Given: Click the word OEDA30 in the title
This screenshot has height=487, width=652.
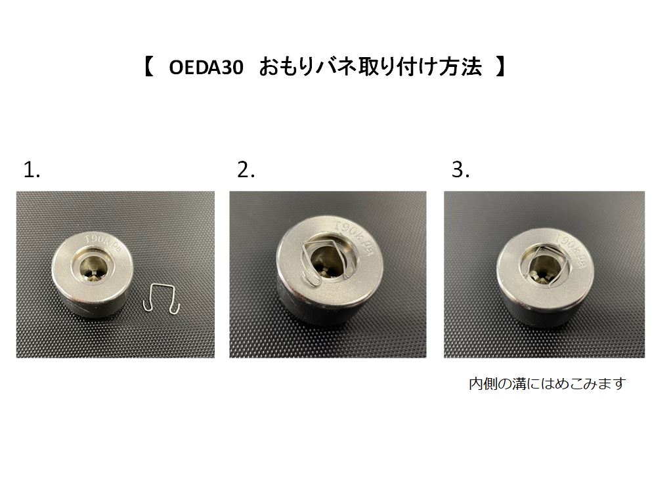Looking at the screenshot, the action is [206, 68].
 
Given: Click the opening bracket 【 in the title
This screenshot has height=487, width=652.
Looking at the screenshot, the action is [149, 67].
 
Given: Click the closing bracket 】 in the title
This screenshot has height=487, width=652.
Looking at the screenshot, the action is [501, 67].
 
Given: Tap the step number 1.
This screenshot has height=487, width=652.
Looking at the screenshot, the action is [32, 170].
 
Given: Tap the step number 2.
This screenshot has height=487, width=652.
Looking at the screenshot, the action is [246, 170].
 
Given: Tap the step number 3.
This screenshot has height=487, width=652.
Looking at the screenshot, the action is [460, 170].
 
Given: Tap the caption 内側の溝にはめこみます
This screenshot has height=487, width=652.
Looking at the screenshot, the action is [547, 383].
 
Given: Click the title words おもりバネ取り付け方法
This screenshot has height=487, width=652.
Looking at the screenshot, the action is [371, 68].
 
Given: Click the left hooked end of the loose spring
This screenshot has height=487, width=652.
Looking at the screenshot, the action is [146, 307].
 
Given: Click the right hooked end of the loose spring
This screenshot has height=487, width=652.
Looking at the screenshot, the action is [177, 307].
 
